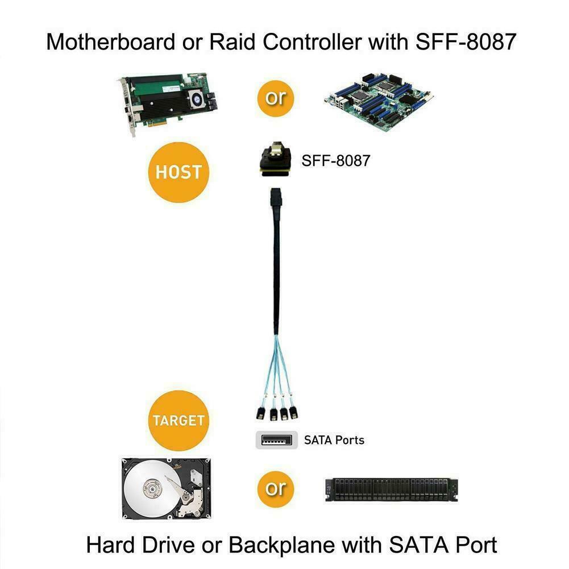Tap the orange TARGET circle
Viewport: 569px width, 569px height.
tap(178, 421)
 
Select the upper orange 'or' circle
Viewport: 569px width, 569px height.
tap(277, 97)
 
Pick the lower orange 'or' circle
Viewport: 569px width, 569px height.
tap(277, 487)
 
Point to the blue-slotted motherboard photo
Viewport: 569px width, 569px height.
tap(380, 103)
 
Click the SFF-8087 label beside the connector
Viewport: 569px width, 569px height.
tap(335, 161)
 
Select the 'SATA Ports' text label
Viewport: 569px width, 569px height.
tap(334, 439)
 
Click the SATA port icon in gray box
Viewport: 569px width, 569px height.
tap(277, 439)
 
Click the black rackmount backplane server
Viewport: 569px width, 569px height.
tap(392, 489)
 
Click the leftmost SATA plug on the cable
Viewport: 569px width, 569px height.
tap(260, 412)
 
